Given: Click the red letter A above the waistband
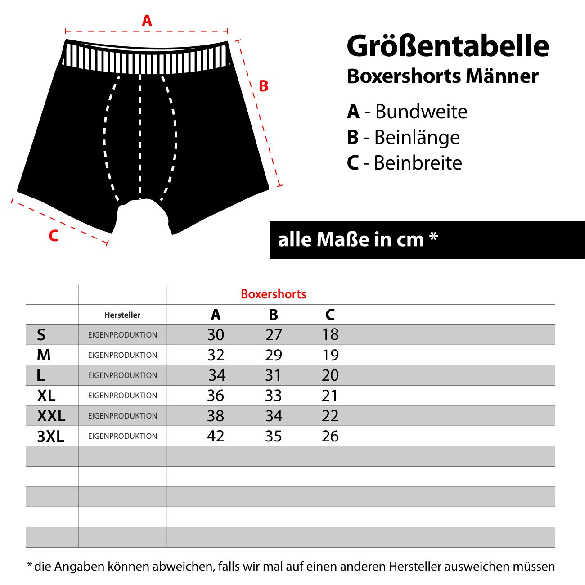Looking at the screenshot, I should click(x=147, y=21).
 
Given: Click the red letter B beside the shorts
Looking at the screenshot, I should click(x=264, y=86).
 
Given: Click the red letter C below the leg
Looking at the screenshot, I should click(x=54, y=236).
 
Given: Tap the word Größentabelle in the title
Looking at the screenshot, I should click(x=448, y=46).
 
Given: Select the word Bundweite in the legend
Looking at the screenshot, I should click(x=421, y=112).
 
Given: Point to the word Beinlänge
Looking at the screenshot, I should click(x=417, y=138).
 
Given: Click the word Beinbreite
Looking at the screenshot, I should click(x=418, y=163).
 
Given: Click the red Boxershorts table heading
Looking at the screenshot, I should click(x=274, y=294).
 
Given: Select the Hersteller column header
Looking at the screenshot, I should click(x=122, y=315).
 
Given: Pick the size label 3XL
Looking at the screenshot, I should click(x=50, y=436).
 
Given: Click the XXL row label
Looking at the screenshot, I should click(x=51, y=416).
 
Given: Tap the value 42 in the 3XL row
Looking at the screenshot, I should click(x=216, y=436).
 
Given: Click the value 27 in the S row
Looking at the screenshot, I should click(x=274, y=335).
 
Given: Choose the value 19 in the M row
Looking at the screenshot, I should click(x=330, y=355).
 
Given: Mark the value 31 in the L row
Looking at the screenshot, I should click(x=273, y=375).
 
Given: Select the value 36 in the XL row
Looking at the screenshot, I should click(x=216, y=396).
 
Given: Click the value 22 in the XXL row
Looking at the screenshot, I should click(x=330, y=416).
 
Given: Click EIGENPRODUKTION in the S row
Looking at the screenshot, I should click(x=122, y=335).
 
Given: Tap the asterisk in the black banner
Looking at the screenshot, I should click(x=433, y=237).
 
